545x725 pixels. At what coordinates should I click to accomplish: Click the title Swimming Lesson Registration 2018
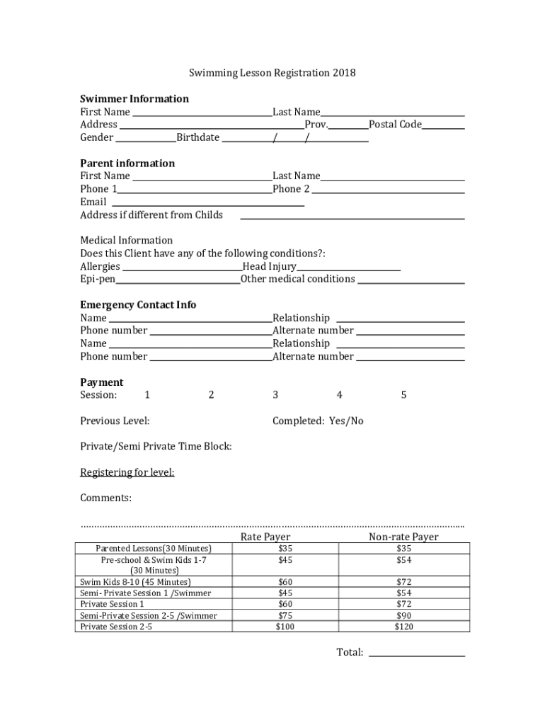[272, 73]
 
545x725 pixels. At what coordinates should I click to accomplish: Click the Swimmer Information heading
[134, 98]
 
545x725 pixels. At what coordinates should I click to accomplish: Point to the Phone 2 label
[291, 189]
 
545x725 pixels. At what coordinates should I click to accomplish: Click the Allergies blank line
[181, 269]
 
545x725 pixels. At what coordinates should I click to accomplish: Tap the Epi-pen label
[98, 279]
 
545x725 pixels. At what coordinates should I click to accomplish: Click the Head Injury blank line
[348, 269]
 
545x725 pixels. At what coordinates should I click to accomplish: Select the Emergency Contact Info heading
[138, 305]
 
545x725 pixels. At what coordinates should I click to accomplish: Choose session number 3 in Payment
[275, 395]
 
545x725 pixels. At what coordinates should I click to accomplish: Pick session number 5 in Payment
[403, 395]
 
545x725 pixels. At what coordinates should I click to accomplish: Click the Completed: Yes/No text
[318, 421]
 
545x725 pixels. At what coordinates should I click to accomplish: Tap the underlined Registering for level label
[127, 472]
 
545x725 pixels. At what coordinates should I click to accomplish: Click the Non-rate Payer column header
[403, 537]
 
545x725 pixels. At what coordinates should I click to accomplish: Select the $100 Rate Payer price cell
[285, 627]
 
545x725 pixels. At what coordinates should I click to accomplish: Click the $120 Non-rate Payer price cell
[403, 627]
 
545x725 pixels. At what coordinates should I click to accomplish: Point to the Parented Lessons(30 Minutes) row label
[154, 549]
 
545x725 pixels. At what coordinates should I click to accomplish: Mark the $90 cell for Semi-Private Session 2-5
[403, 616]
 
